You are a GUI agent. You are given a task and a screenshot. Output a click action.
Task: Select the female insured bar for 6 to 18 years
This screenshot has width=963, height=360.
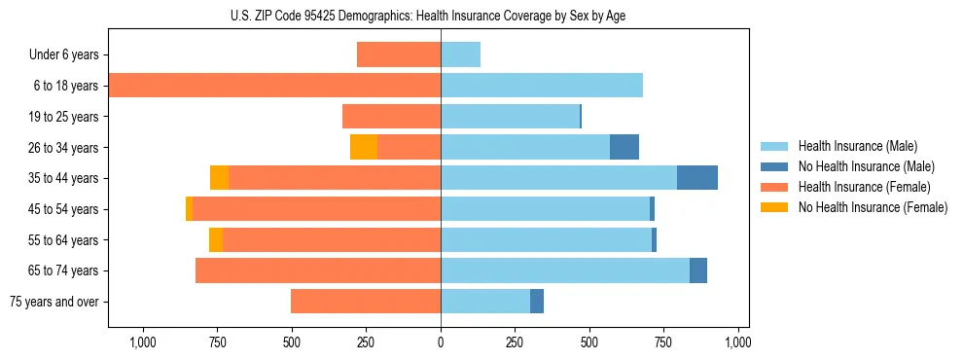click(x=274, y=86)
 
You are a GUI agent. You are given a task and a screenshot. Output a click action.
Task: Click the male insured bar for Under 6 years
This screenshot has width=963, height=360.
click(x=460, y=54)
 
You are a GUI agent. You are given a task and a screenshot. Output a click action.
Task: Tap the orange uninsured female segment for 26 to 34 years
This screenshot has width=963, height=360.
click(x=364, y=147)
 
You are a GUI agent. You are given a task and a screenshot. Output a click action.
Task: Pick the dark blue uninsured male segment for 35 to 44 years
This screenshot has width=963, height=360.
click(x=696, y=178)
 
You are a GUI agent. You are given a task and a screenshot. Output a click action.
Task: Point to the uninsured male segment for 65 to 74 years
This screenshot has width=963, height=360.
click(x=698, y=270)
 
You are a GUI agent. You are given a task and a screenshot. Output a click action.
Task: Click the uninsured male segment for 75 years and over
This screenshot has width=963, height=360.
click(x=537, y=302)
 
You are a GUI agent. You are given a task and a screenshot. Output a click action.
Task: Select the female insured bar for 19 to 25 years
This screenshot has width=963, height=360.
click(x=391, y=117)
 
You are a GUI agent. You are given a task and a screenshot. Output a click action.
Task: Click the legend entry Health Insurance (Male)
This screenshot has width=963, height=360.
click(x=858, y=146)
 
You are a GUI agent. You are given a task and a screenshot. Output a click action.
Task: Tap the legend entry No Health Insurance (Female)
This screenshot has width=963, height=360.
click(x=873, y=207)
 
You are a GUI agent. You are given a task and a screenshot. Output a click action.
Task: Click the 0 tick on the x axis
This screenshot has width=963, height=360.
click(x=441, y=342)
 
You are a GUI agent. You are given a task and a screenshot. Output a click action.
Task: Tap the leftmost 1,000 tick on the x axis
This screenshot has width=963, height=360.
click(x=143, y=342)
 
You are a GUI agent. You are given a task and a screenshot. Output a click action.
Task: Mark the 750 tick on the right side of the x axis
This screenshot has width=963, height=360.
click(x=663, y=342)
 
